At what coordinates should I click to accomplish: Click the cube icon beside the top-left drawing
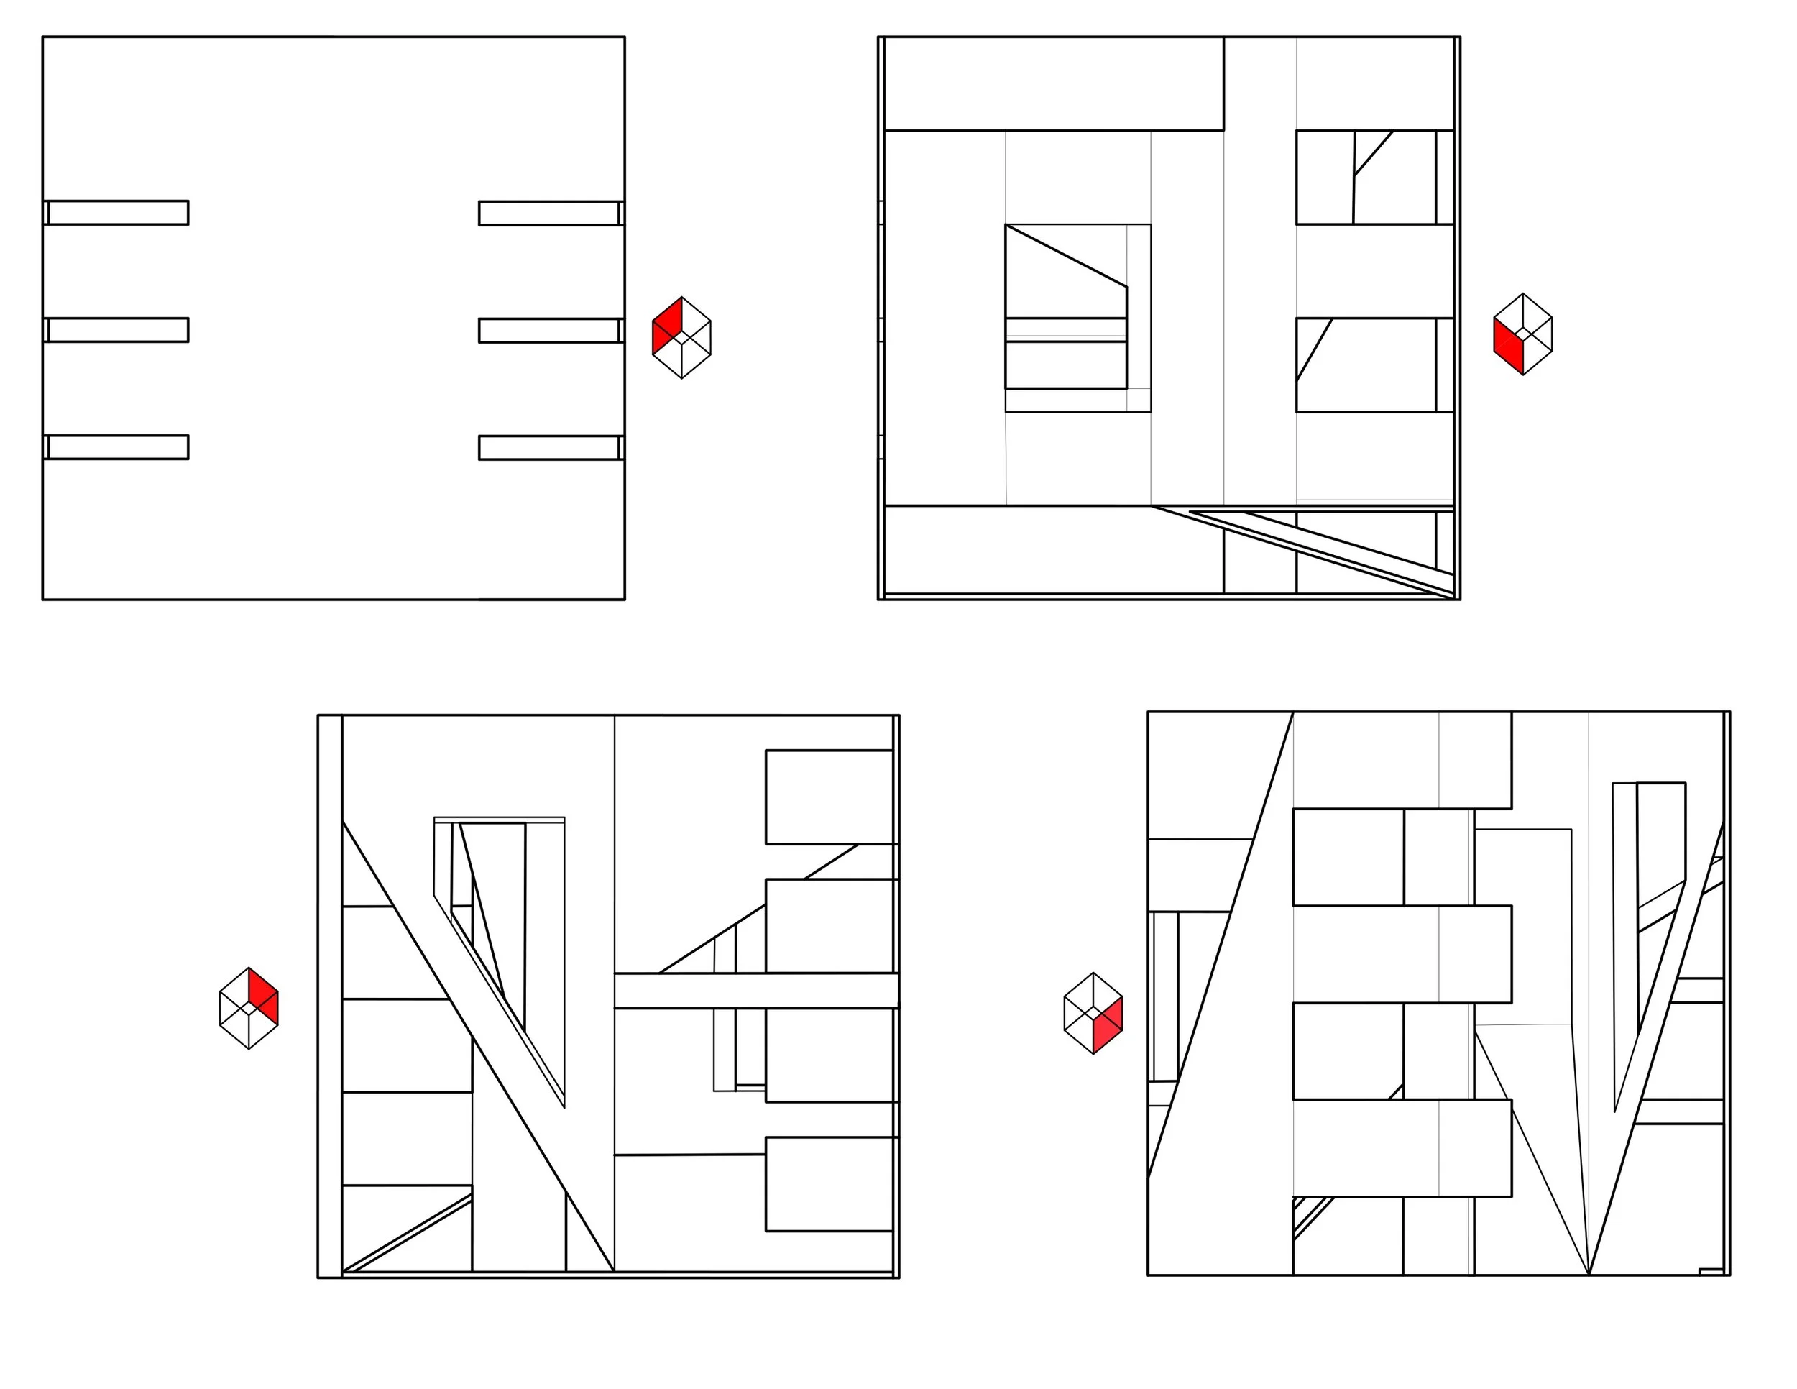coord(681,337)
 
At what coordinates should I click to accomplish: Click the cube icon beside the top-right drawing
coord(1522,334)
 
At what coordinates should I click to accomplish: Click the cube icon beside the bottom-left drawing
coord(249,1008)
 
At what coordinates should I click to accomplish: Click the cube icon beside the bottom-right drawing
coord(1093,1013)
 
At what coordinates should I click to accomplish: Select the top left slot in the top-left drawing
coord(118,212)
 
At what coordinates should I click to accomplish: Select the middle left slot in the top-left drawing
coord(118,330)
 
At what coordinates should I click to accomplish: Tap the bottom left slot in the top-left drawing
coord(118,446)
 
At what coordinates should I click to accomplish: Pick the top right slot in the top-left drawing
coord(549,213)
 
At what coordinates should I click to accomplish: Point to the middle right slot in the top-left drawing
coord(549,331)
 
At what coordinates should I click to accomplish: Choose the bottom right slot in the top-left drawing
coord(549,448)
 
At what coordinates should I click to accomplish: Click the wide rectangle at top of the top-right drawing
coord(1053,84)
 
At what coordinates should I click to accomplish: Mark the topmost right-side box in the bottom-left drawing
coord(829,797)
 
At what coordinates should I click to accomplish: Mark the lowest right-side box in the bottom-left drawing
coord(829,1185)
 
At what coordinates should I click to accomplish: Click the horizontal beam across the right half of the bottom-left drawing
coord(755,991)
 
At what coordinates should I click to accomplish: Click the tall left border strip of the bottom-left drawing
coord(330,996)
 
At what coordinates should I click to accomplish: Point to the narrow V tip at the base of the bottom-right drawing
coord(1589,1267)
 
